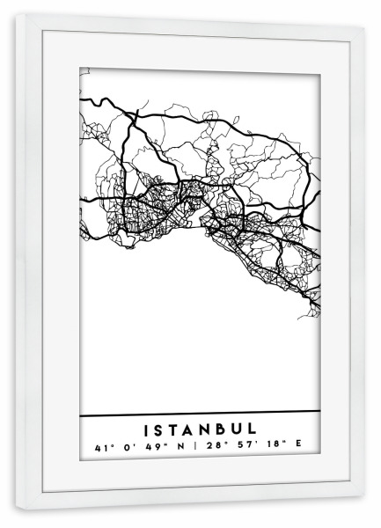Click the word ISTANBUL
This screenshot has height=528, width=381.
199,429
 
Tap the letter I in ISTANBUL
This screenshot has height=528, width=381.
145,429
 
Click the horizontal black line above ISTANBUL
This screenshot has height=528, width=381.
199,413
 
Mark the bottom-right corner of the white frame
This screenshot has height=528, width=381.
363,509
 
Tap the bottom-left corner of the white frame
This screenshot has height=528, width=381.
18,509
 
